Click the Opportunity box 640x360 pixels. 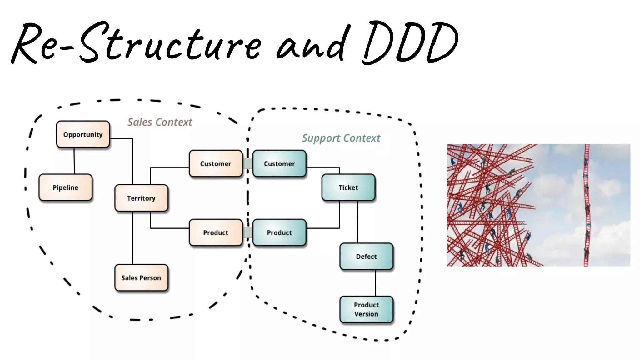point(83,134)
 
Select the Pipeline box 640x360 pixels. point(65,187)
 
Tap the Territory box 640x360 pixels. point(141,198)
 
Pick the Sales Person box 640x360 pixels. point(141,278)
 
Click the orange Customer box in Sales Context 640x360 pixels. point(216,164)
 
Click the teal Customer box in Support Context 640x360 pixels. point(279,164)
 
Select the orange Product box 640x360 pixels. point(216,233)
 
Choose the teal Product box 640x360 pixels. point(279,233)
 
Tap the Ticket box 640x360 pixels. point(348,187)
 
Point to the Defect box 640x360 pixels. point(366,257)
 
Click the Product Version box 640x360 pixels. point(366,309)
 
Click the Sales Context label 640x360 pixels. point(160,122)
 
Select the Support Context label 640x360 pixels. point(341,138)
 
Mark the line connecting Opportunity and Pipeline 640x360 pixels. point(74,161)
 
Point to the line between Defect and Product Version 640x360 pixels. point(375,283)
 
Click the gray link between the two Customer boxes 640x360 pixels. point(247,163)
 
